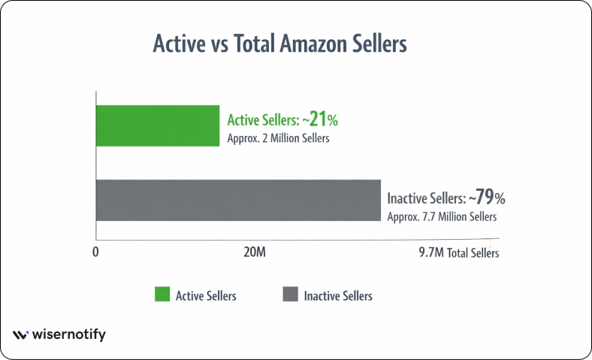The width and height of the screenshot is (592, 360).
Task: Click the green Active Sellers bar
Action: point(157,126)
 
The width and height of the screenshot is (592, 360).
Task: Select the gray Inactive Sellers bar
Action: point(238,200)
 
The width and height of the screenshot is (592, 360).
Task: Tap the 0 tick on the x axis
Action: point(96,253)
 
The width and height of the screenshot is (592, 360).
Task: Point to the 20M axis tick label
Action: point(255,253)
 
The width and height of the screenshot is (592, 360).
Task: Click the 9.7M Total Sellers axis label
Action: point(458,253)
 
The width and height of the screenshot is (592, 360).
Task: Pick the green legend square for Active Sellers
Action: point(162,295)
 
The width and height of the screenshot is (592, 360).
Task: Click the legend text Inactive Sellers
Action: point(338,295)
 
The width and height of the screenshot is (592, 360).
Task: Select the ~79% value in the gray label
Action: point(488,199)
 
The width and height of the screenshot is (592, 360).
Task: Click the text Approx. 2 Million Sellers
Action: point(279,138)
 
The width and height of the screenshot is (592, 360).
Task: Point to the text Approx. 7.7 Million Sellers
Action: point(442,217)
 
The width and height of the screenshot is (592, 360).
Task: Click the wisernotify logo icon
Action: point(20,335)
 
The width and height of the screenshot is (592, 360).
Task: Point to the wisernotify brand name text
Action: point(68,335)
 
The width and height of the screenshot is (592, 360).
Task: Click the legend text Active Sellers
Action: point(206,295)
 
